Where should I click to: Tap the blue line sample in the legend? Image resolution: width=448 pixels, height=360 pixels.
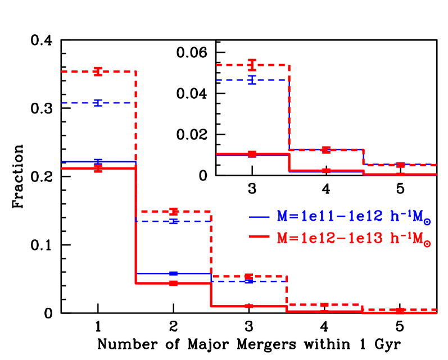click(x=260, y=217)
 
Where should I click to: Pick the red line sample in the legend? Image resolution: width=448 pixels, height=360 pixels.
click(x=260, y=238)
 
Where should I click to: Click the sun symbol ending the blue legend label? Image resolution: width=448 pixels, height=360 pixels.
click(x=427, y=222)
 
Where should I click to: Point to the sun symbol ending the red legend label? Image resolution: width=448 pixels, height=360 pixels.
click(x=427, y=244)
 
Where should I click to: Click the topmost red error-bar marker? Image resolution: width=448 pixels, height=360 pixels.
click(x=252, y=65)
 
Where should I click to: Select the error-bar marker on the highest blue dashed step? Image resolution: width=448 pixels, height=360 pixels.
click(x=252, y=80)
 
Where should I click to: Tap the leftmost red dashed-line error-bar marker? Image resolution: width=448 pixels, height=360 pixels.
click(x=98, y=71)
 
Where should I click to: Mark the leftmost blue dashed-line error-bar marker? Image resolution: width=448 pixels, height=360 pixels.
click(x=98, y=103)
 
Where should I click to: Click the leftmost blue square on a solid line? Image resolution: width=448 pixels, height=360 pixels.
click(x=98, y=162)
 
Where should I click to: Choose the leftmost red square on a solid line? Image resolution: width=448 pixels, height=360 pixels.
click(x=98, y=168)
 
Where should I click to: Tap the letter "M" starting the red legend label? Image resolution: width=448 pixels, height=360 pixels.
click(x=282, y=238)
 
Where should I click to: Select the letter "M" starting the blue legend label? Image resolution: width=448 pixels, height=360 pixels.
click(x=282, y=216)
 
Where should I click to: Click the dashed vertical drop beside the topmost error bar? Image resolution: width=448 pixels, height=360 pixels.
click(x=289, y=107)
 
